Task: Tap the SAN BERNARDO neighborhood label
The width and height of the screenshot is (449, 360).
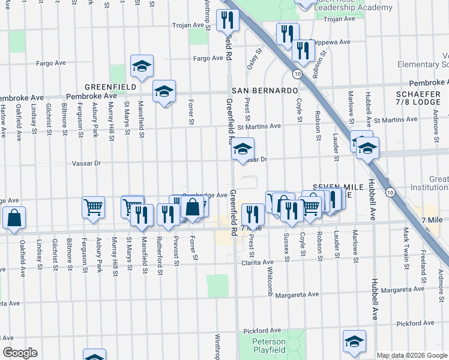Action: [x=270, y=90]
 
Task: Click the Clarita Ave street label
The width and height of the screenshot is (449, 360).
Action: [x=259, y=262]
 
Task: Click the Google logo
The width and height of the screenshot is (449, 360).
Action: [x=20, y=353]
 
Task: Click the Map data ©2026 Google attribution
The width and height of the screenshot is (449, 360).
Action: [x=412, y=355]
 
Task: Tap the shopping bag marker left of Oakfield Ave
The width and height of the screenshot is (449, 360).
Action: [x=14, y=218]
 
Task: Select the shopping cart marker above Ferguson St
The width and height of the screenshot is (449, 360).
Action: [x=93, y=207]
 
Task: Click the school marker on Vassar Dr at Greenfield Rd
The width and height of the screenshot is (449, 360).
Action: [x=243, y=149]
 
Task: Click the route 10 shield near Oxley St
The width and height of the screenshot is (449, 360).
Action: [x=297, y=73]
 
